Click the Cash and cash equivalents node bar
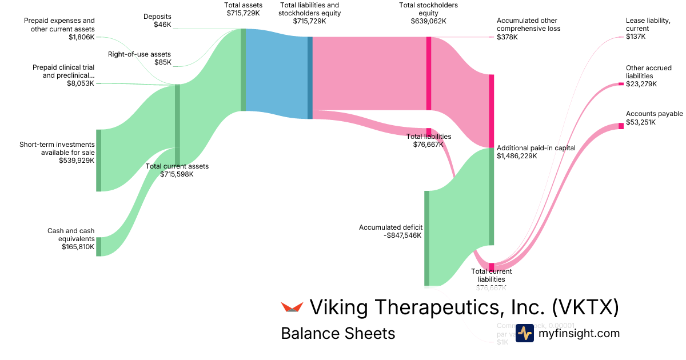(x=98, y=246)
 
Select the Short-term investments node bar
(x=98, y=160)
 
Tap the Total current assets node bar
(x=177, y=125)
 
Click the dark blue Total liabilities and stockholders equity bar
(x=310, y=78)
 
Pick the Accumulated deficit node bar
(x=426, y=238)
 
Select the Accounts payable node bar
(x=621, y=126)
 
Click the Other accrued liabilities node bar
(x=621, y=84)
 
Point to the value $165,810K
(x=78, y=247)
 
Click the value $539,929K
(x=77, y=161)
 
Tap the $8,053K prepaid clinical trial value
(x=80, y=83)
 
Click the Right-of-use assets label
(x=139, y=54)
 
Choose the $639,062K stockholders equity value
(x=428, y=21)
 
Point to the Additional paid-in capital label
(x=536, y=148)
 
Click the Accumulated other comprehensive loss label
(x=528, y=25)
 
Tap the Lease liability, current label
(x=648, y=25)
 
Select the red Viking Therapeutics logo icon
(x=292, y=307)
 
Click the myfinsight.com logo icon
(x=524, y=333)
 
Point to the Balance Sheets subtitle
(x=338, y=333)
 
